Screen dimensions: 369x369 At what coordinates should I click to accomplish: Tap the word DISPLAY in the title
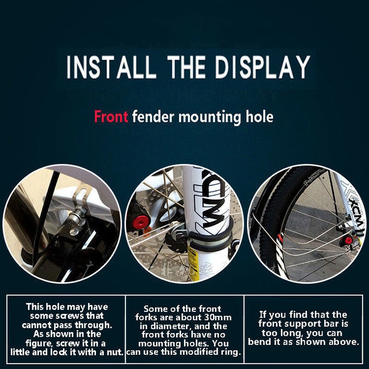[262, 67]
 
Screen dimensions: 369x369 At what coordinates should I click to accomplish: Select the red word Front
[111, 117]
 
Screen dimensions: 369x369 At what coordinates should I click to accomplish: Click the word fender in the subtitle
[153, 117]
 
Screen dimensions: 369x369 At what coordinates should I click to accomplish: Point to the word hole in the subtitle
[259, 117]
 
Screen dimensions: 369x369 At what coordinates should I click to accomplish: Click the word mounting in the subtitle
[210, 118]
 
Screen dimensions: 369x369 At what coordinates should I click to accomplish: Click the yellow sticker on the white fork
[193, 263]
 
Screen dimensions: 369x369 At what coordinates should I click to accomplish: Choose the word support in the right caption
[298, 324]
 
